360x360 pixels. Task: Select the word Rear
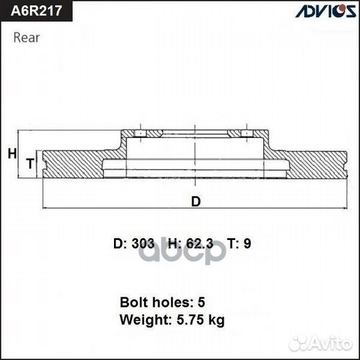point(26,37)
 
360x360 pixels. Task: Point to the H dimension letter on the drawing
point(11,154)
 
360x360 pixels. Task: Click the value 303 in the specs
point(143,243)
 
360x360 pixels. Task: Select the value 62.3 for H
point(199,243)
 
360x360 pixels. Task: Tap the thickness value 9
point(247,243)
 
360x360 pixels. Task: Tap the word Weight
point(141,320)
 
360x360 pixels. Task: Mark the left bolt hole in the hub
point(141,135)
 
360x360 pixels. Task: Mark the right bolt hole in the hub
point(247,135)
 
